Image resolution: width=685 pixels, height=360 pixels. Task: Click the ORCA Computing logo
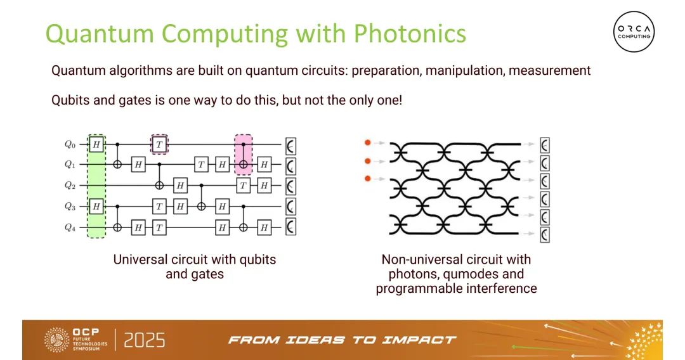coord(634,32)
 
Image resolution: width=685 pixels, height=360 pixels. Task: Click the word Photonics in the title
coord(410,34)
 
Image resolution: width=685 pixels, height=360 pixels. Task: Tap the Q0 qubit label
coord(70,144)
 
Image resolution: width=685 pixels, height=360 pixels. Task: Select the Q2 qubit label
coord(70,186)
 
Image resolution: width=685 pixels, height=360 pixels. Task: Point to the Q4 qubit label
coord(70,228)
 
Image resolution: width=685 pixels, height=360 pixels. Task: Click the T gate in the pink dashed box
coord(159,144)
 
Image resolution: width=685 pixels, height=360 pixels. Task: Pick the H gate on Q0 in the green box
coord(96,144)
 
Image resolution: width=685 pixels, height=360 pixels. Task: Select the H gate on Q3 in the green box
coord(96,207)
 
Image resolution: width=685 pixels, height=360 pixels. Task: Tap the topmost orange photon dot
coord(368,143)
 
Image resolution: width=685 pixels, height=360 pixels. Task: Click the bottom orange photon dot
coord(368,179)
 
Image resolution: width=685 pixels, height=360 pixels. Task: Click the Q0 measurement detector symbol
coord(291,146)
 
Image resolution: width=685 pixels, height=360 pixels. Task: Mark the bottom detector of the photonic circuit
coord(545,235)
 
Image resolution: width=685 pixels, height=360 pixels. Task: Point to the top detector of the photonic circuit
coord(545,145)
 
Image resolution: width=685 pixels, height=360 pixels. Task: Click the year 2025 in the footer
coord(145,340)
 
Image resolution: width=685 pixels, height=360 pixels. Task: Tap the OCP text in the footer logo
coord(86,331)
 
